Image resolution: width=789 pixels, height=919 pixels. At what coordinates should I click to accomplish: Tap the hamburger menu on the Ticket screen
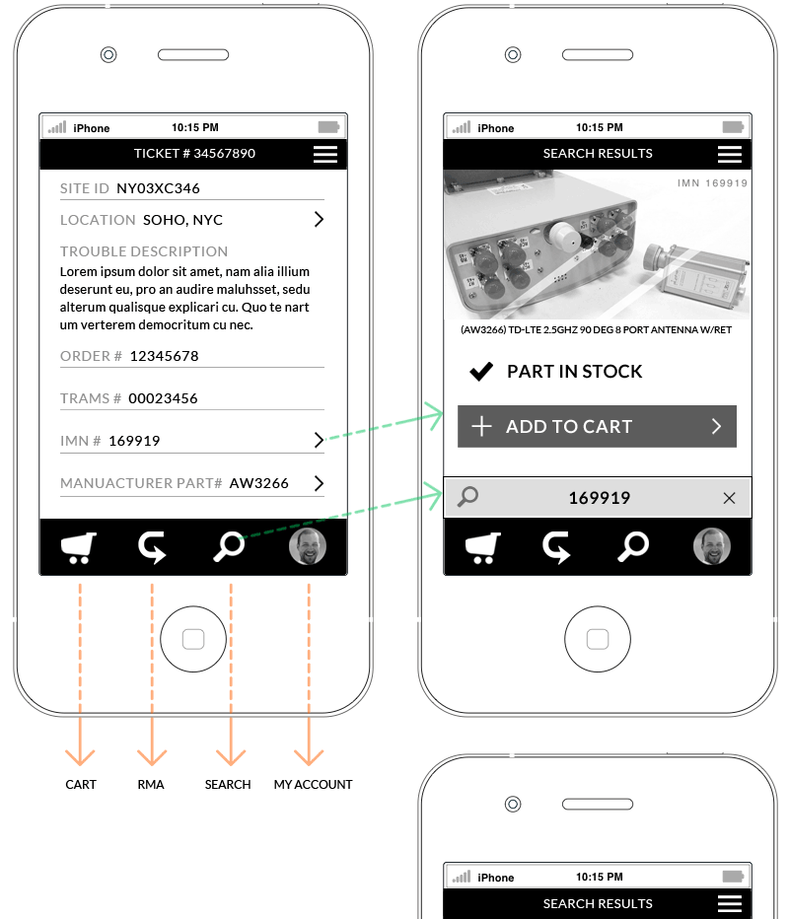click(324, 154)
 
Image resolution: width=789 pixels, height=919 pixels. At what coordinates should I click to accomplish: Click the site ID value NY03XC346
click(158, 188)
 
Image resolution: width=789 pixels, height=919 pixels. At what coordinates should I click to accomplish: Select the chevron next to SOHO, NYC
click(319, 219)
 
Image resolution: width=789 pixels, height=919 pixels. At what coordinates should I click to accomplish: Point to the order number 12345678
click(164, 356)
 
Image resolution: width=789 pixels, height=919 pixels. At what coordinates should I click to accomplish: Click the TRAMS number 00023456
click(163, 398)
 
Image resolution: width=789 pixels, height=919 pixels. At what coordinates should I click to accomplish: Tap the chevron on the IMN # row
click(319, 440)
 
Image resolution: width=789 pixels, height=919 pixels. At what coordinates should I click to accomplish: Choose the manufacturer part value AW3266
click(258, 483)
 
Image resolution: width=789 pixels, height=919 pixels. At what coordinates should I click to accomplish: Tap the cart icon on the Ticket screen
click(79, 547)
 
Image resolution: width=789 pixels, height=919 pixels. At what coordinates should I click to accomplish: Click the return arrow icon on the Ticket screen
click(152, 547)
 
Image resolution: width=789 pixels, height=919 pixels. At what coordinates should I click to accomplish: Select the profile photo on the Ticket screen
click(307, 546)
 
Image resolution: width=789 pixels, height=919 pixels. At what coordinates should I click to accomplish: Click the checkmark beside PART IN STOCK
click(481, 372)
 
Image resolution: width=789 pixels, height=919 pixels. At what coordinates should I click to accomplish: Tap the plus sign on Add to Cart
click(482, 426)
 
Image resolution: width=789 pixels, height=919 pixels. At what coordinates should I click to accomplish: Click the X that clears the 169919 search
click(729, 498)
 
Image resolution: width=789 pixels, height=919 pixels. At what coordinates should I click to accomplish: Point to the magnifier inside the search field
click(467, 496)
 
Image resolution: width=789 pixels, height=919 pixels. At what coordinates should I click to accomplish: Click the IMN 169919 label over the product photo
click(712, 183)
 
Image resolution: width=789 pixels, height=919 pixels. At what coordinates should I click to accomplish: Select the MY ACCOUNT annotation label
click(313, 784)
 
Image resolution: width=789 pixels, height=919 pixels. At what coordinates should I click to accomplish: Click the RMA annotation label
click(151, 784)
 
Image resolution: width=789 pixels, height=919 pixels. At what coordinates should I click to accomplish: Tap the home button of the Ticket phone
click(193, 639)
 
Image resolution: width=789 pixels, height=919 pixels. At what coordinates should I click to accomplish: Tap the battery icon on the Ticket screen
click(328, 127)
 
